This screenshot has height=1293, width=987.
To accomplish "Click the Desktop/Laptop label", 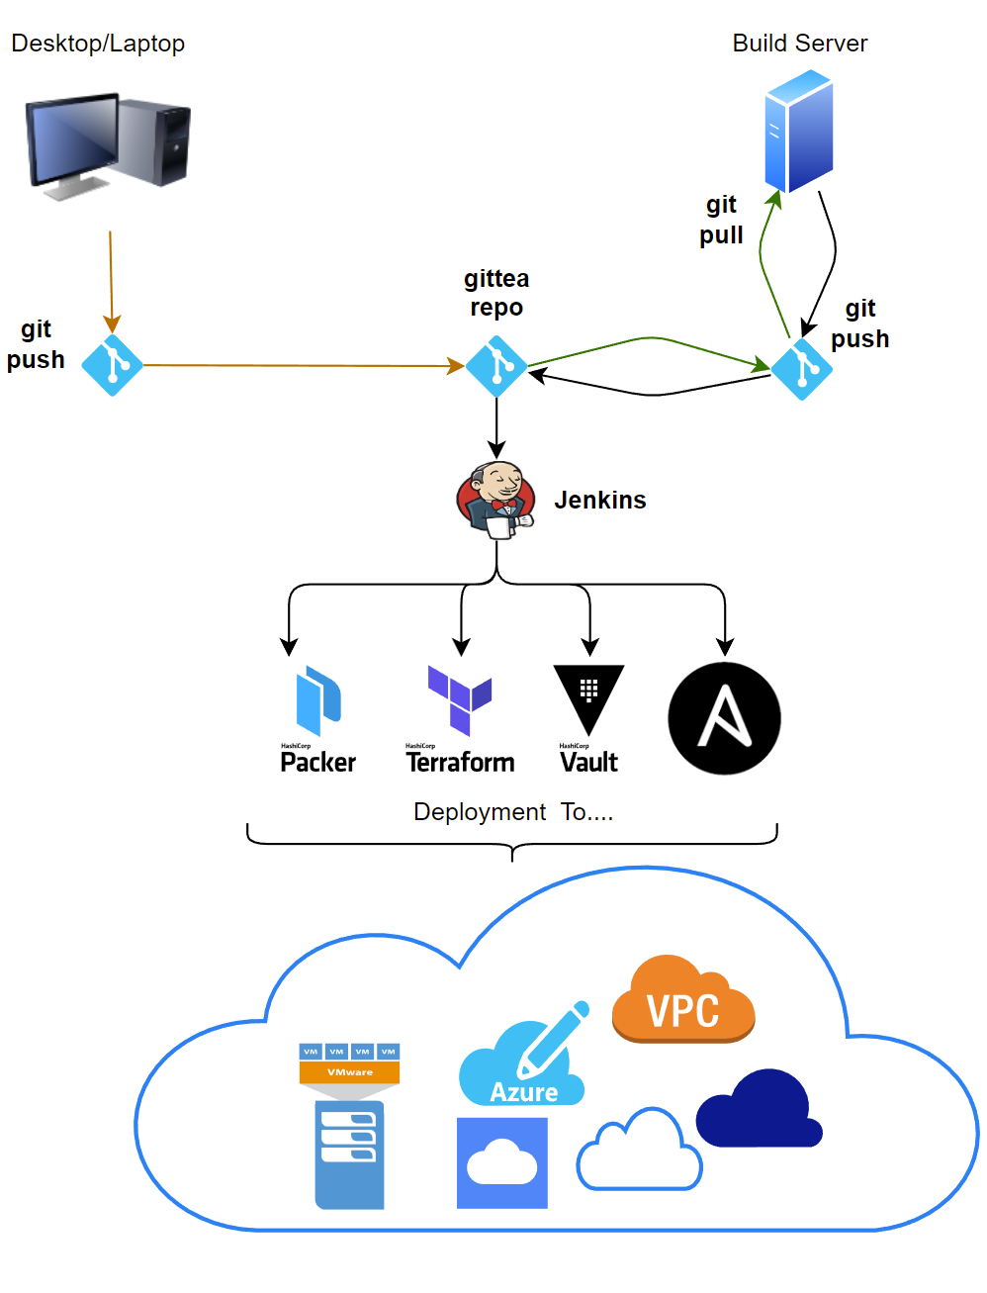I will tap(98, 44).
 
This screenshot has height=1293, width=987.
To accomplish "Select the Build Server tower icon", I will tap(798, 131).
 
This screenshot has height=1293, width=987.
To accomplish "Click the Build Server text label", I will tap(799, 44).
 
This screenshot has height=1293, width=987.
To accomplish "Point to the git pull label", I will tap(721, 220).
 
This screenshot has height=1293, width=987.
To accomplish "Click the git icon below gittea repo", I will tap(495, 366).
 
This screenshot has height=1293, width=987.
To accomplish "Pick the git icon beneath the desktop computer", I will tap(112, 365).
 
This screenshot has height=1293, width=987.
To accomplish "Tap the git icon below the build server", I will tap(801, 369).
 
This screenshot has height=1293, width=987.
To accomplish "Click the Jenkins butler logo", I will tap(495, 500).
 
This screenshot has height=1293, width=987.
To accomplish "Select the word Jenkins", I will tap(599, 500).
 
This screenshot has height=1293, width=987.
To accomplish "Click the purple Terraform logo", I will tap(460, 699).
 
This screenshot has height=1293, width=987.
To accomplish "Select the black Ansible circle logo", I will tap(724, 718).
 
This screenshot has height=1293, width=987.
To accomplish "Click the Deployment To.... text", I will tap(513, 812).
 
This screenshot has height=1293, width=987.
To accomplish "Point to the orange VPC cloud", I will tap(683, 1001).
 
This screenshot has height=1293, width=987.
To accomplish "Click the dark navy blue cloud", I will tap(760, 1110).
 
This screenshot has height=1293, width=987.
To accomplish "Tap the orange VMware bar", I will tap(350, 1072).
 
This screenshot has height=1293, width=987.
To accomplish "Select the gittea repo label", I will tap(496, 293).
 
